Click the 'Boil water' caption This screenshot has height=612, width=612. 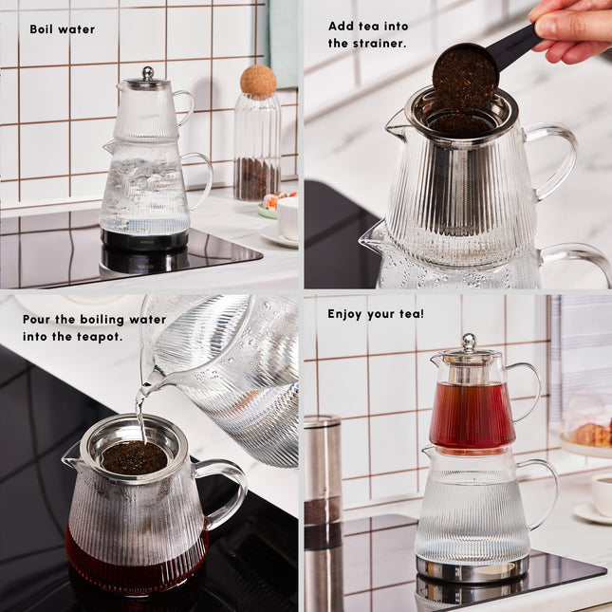(62, 29)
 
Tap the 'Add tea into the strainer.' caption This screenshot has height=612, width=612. (367, 34)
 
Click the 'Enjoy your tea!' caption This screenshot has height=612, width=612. (376, 313)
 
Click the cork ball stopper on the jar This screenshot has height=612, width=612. (257, 80)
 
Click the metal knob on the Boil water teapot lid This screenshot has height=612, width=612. (147, 73)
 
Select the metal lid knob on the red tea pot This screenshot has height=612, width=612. (468, 342)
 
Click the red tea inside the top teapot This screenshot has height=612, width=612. (472, 415)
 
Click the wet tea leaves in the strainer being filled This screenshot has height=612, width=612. (134, 458)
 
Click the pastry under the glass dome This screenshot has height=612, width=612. (590, 434)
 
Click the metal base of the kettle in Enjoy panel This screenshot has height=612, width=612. (472, 569)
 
